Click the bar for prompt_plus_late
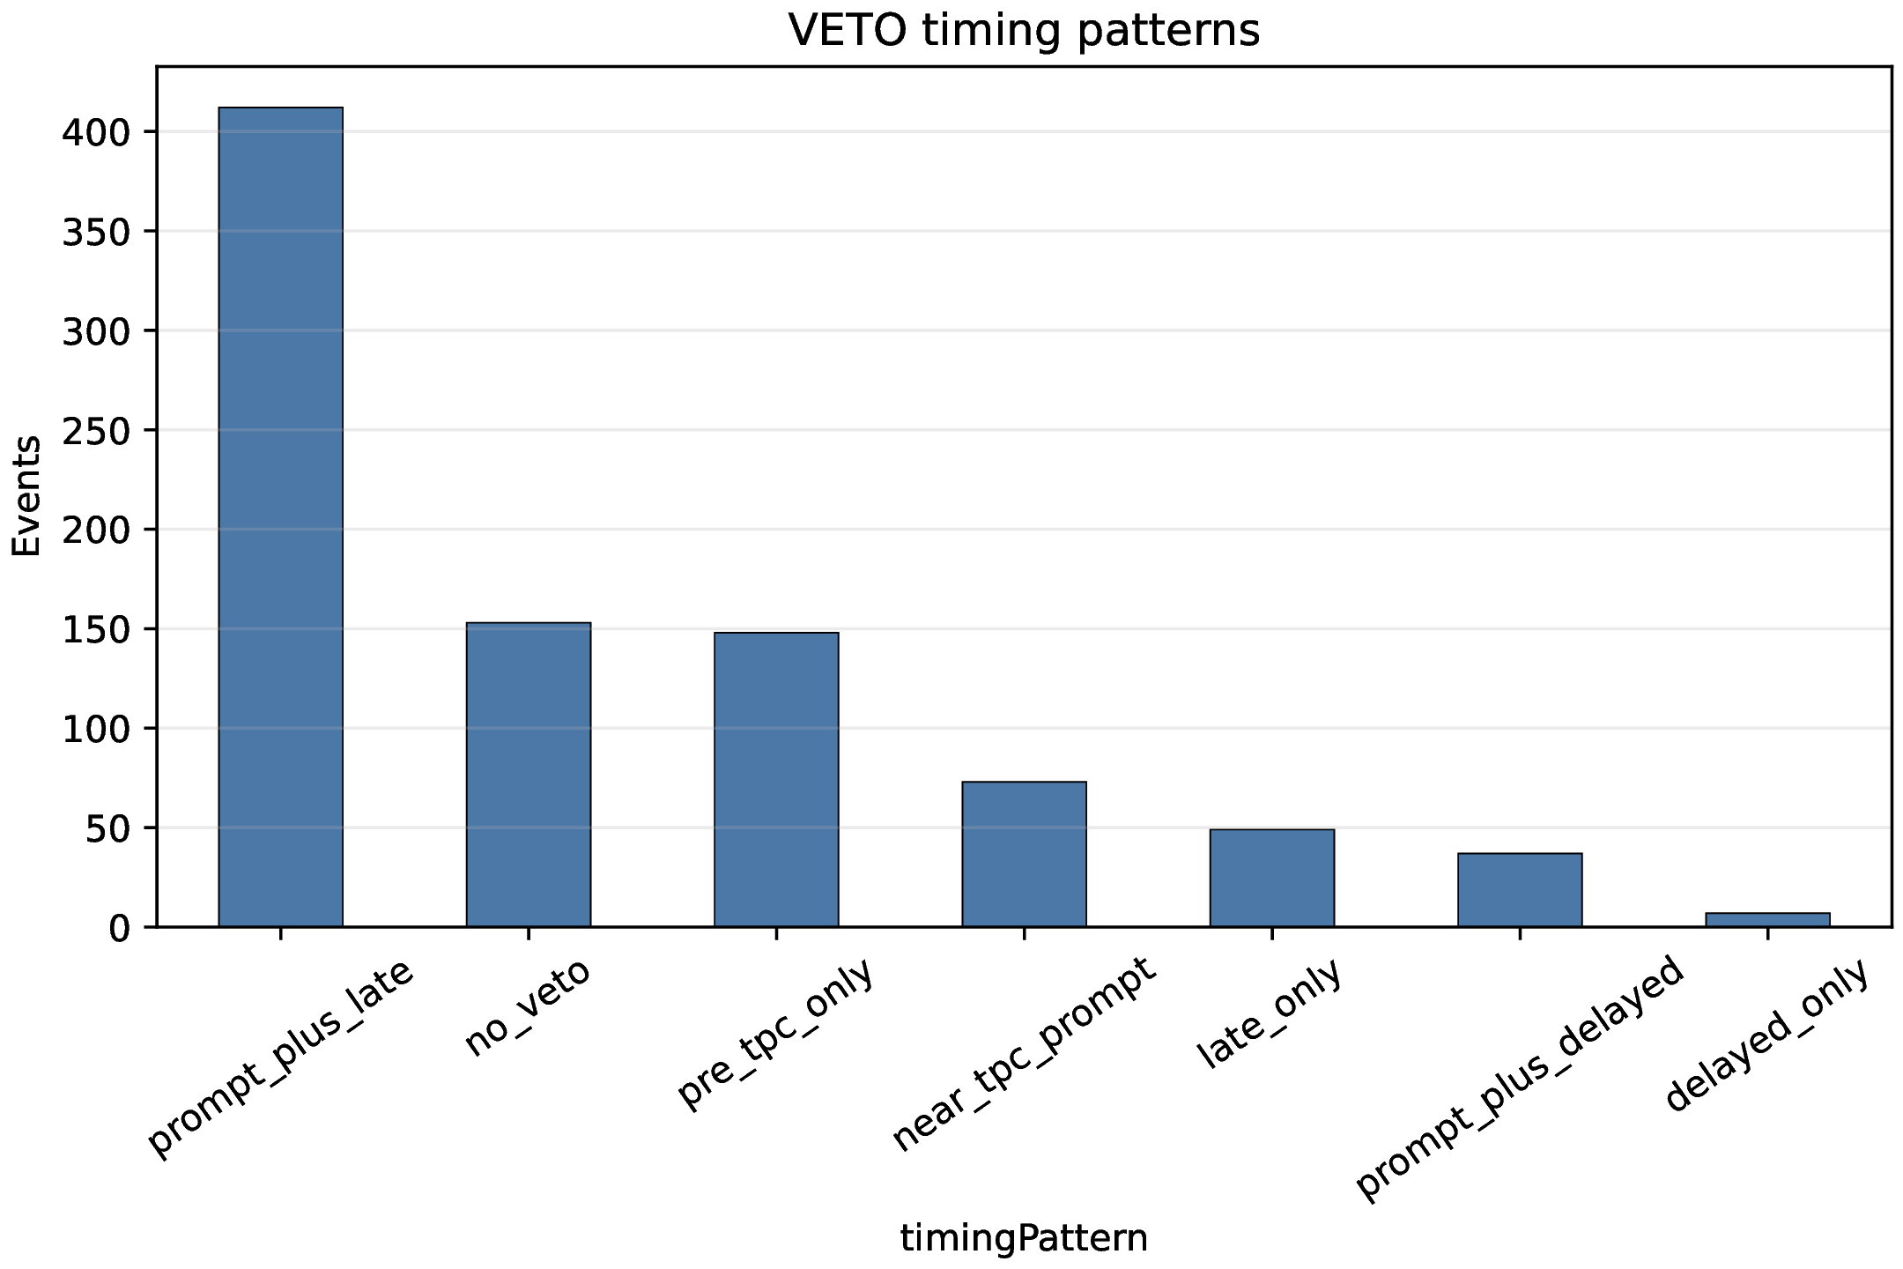pos(280,517)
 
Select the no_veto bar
pos(529,775)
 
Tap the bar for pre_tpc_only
pos(776,780)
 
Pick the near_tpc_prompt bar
pos(1024,854)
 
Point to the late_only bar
pos(1272,878)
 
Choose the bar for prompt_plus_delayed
pos(1520,890)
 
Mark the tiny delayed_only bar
pos(1767,920)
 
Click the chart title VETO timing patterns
pos(1024,30)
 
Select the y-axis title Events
pos(26,496)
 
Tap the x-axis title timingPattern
pos(1024,1239)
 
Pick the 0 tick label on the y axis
pos(120,928)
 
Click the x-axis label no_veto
pos(526,1011)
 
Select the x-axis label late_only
pos(1269,1014)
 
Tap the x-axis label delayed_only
pos(1766,1036)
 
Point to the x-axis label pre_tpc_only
pos(775,1035)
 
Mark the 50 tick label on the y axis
pos(108,828)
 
